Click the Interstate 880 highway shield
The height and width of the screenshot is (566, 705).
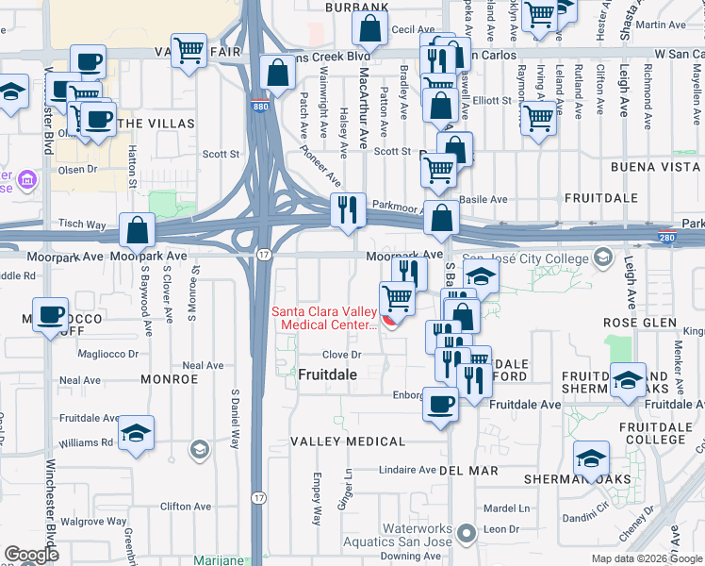click(261, 107)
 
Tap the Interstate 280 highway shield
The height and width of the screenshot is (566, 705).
click(666, 238)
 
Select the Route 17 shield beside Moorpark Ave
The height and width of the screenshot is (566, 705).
click(264, 255)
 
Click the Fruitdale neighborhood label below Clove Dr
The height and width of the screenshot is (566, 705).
click(327, 375)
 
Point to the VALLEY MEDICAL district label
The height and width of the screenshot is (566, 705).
click(348, 441)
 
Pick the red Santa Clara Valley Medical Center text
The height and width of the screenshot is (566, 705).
click(323, 319)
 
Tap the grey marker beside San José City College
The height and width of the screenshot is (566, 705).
click(602, 258)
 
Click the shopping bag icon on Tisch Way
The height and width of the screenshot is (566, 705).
click(138, 230)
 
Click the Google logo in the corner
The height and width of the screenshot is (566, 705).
click(32, 555)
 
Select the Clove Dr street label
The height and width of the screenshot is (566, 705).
click(343, 355)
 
